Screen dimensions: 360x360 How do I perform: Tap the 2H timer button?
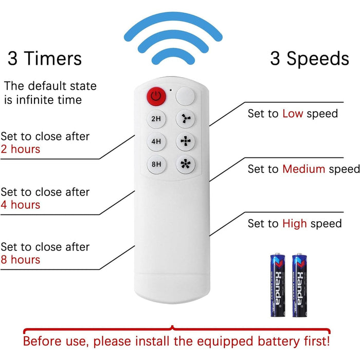tap(156, 119)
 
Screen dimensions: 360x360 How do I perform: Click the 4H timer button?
tap(156, 141)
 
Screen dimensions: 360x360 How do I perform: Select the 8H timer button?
tap(156, 164)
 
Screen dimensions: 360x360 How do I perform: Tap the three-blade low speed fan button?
tap(186, 119)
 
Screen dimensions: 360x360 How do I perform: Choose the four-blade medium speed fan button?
tap(186, 141)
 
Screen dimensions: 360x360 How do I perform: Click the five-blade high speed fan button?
tap(186, 164)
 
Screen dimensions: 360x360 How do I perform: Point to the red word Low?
tap(293, 114)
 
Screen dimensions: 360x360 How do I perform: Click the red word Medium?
tap(304, 169)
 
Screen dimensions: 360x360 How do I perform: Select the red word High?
tap(295, 223)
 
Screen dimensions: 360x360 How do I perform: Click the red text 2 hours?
tap(21, 149)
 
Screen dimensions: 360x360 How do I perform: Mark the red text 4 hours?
tap(21, 205)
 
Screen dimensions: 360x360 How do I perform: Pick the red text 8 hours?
tap(21, 260)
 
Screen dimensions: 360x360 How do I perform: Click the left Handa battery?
tap(278, 285)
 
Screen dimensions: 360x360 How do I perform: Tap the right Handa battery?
tap(300, 285)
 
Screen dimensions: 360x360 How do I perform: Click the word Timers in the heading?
tap(53, 58)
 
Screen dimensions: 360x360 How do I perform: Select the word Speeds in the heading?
tap(318, 59)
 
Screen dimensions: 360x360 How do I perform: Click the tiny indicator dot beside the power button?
tap(171, 90)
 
